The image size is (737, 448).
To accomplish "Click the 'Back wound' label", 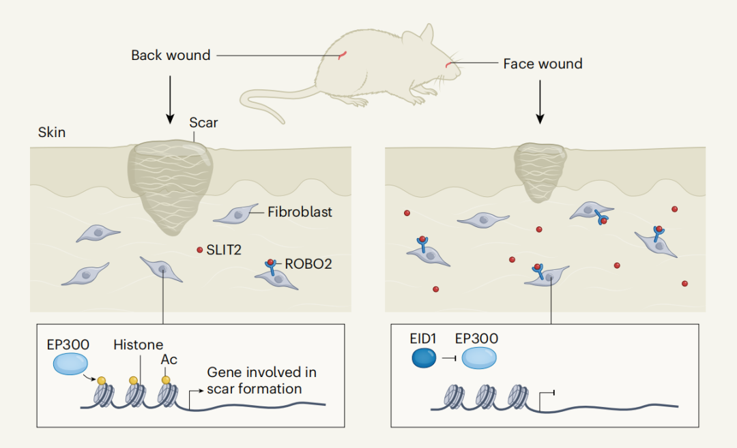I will point(171,55).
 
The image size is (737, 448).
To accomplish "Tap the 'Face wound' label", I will point(543,64).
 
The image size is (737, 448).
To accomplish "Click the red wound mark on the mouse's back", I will point(345,55).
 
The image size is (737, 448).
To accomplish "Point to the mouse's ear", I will point(424,34).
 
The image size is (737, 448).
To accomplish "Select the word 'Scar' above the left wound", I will point(203,123).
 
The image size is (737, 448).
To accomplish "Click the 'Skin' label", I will point(52,132).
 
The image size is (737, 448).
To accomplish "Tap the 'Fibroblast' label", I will point(300,212).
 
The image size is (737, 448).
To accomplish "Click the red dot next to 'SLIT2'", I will point(200,250).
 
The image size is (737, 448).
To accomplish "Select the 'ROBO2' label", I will point(308,264).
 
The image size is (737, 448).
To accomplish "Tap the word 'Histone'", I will point(139,344).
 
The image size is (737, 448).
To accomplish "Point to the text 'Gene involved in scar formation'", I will point(261,380).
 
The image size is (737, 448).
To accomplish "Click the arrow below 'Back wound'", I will point(169,99).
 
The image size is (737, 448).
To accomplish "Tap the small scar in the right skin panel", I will point(539,171).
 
